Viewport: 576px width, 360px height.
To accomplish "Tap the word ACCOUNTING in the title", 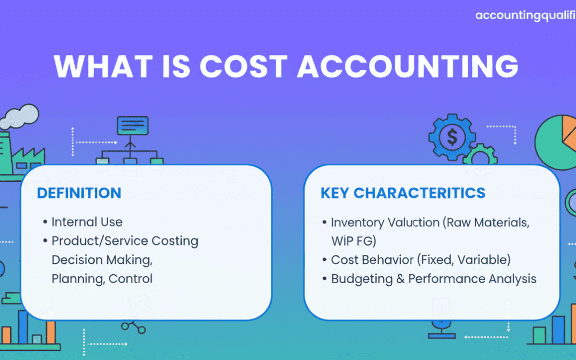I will [x=408, y=67].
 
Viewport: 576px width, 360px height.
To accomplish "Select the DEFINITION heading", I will [x=79, y=193].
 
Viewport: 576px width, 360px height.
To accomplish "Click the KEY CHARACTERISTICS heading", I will [x=403, y=193].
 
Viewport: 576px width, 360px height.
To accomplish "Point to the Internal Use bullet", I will [x=86, y=222].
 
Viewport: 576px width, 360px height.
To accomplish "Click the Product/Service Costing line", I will [x=125, y=241].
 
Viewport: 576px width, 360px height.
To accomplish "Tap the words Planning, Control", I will [x=102, y=278].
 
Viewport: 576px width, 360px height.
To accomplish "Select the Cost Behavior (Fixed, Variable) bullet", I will [x=420, y=260].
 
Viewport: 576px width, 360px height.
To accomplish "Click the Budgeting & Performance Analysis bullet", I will [x=433, y=279].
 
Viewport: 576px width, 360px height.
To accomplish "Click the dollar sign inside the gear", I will [x=452, y=138].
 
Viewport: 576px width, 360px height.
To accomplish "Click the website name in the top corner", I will [x=525, y=15].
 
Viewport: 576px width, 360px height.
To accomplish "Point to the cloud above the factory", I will [x=21, y=116].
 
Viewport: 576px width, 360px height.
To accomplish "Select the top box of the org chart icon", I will [x=132, y=126].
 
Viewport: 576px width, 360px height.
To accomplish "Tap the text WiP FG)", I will [x=354, y=241].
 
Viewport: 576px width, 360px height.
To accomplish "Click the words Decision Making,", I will [x=102, y=260].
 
